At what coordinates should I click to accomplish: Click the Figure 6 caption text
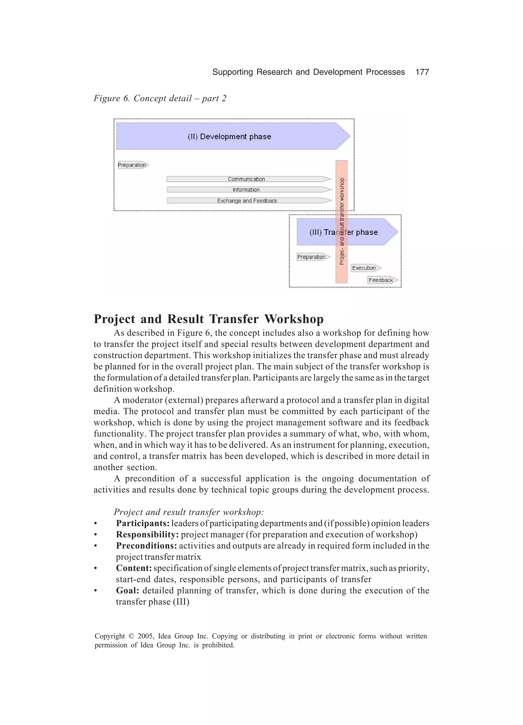(160, 98)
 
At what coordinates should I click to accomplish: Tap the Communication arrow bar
(246, 179)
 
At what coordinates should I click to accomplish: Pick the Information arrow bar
(246, 190)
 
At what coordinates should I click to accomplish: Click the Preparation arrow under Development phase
(132, 165)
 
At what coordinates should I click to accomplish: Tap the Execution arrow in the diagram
(365, 268)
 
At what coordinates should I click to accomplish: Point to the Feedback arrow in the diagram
(382, 280)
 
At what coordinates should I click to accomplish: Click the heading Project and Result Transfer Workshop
(208, 319)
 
